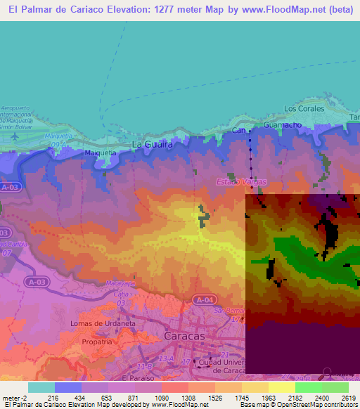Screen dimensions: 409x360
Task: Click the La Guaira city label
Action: point(153,145)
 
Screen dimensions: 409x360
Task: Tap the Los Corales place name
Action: point(304,109)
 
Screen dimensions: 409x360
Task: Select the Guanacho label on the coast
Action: point(283,124)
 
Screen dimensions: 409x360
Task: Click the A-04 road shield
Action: point(204,300)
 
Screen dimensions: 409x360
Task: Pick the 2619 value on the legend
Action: point(340,398)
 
